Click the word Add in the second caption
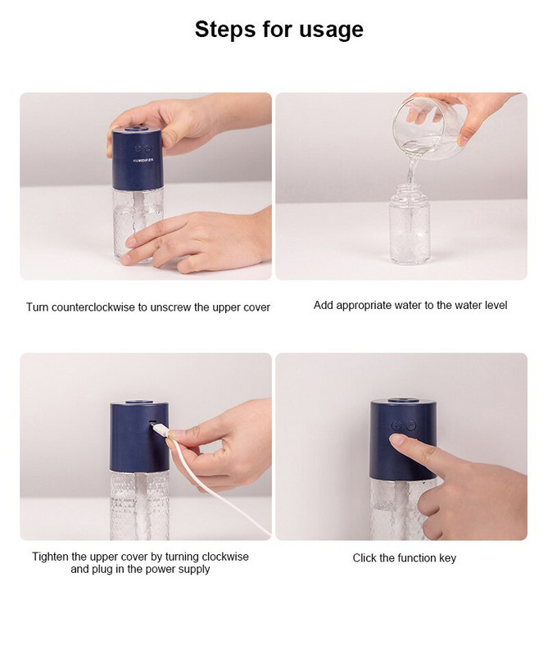(x=324, y=305)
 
